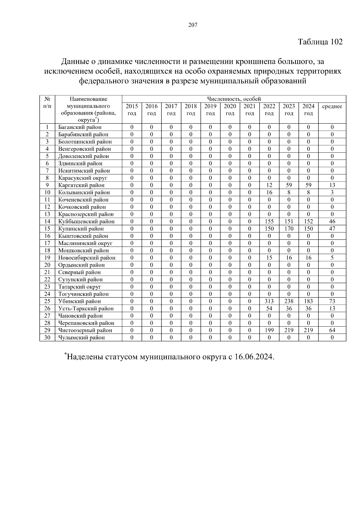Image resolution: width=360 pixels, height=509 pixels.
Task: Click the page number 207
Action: (x=193, y=25)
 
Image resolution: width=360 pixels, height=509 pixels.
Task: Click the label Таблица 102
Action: (x=320, y=42)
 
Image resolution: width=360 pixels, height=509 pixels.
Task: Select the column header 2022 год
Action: (x=269, y=109)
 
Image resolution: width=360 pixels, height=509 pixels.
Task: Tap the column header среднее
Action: (x=332, y=106)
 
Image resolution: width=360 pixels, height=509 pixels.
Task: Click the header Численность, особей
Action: (x=234, y=99)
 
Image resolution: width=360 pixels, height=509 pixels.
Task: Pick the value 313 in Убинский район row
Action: (x=269, y=301)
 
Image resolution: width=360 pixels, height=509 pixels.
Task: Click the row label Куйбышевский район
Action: (x=86, y=221)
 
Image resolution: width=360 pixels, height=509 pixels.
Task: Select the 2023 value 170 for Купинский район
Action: (x=289, y=229)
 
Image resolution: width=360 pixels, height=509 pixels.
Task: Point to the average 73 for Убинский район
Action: (x=332, y=301)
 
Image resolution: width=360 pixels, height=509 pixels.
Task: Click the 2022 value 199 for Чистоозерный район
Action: (x=269, y=330)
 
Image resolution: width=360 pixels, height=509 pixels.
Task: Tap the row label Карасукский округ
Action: (x=83, y=178)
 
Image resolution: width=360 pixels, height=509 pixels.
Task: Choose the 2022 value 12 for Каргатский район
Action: (x=269, y=185)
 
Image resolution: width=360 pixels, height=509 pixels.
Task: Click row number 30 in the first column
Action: (x=47, y=337)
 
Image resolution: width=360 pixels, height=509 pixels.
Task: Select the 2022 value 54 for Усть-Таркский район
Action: (x=269, y=308)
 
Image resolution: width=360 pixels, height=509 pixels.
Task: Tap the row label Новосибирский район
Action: (x=87, y=258)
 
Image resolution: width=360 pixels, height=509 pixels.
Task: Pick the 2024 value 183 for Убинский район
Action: (x=308, y=301)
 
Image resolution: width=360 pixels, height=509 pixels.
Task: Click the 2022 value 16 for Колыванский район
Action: (x=269, y=192)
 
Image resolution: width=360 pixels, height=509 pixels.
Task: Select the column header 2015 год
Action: (x=132, y=109)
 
